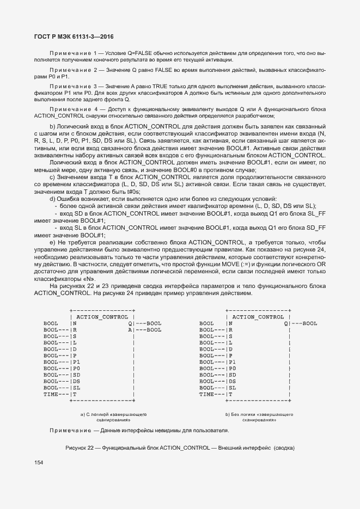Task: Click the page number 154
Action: tap(39, 463)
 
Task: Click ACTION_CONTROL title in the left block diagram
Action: tap(102, 316)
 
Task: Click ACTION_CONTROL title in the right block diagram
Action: tap(258, 316)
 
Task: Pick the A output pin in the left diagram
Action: tap(130, 330)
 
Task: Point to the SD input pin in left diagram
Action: tap(76, 375)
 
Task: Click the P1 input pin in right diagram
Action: tap(233, 361)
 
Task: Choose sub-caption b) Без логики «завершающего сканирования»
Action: tap(259, 417)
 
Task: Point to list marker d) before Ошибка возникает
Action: tap(52, 199)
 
